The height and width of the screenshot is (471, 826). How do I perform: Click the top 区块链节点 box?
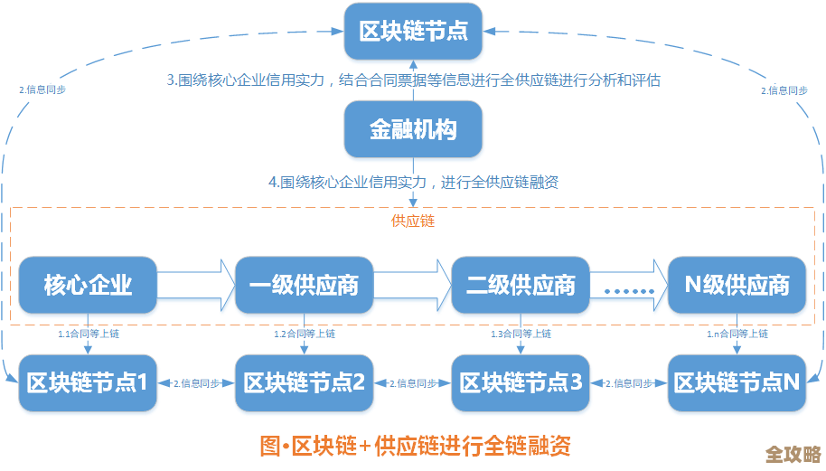pos(413,31)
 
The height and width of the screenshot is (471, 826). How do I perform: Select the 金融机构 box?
pos(413,129)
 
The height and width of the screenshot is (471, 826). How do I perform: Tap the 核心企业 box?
pos(88,286)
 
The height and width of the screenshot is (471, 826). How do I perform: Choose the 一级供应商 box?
pos(304,286)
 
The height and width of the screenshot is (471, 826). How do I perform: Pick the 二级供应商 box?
pos(521,286)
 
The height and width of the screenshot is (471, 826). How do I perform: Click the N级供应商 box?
pos(737,286)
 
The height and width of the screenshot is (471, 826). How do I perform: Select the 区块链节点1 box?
pos(88,382)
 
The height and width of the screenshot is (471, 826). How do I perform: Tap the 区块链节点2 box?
pos(304,382)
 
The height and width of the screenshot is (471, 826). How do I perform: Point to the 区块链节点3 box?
pos(521,382)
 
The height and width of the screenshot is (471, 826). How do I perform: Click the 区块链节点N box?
pos(737,382)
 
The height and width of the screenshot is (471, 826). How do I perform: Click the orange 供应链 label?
pos(412,221)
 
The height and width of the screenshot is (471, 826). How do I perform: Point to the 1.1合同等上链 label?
pos(89,334)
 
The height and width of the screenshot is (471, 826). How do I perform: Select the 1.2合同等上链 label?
pos(305,334)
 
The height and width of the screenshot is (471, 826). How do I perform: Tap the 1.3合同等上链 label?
pos(521,334)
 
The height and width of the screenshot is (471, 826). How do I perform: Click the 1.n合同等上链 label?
pos(737,334)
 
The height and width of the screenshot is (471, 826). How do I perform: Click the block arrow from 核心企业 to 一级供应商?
pos(195,286)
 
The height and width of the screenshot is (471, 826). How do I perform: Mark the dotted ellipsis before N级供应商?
pos(628,290)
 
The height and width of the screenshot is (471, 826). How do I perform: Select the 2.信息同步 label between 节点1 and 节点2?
pos(195,383)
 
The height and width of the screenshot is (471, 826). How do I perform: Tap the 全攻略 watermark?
pos(792,453)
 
